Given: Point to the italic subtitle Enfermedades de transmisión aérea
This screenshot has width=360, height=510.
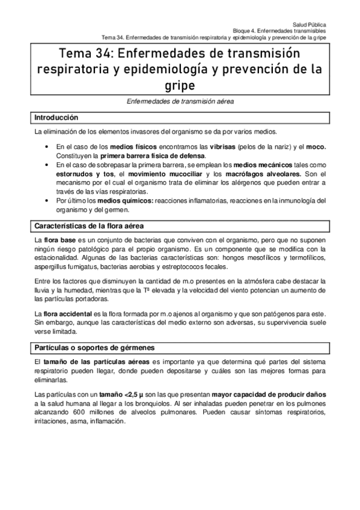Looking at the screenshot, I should pos(180,102).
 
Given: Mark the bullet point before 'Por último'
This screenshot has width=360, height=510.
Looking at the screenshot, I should pos(46,201).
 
